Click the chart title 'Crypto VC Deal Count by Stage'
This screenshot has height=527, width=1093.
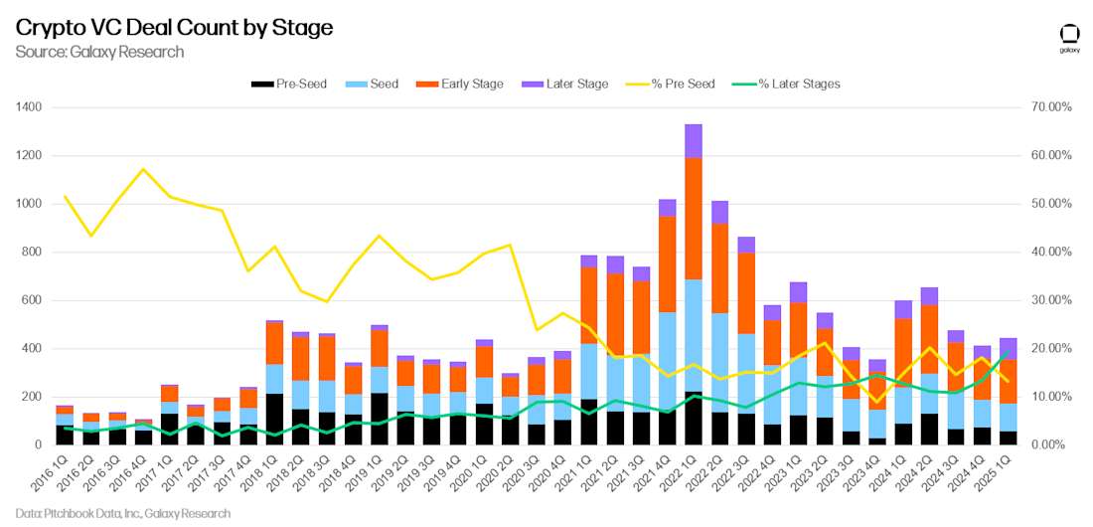click(x=174, y=28)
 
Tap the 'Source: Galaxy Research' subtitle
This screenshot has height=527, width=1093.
click(x=99, y=52)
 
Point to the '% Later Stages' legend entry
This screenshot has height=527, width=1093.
click(x=788, y=84)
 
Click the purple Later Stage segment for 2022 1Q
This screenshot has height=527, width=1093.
click(x=694, y=140)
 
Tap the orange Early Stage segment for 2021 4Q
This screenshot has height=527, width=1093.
click(x=668, y=263)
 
